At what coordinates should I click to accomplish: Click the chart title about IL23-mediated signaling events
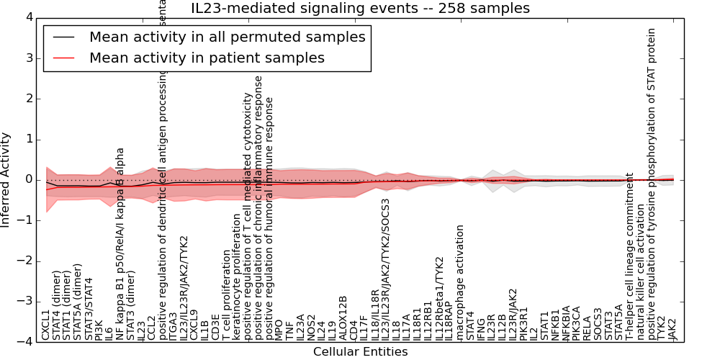360,9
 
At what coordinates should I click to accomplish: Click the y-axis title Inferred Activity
6,180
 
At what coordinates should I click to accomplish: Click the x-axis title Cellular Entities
360,352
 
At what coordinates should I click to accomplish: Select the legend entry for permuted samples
227,37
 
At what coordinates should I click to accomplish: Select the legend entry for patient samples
207,58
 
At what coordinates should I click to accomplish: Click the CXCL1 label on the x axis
46,325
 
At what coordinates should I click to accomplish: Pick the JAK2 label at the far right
672,328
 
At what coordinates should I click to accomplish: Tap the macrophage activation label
460,282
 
